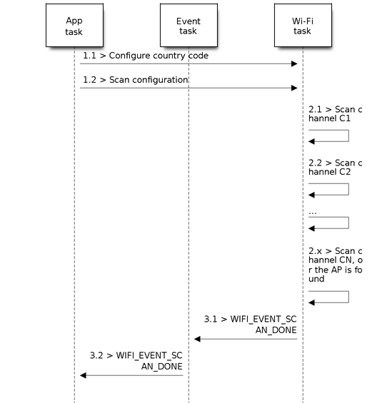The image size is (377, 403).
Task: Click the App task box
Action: coord(74,25)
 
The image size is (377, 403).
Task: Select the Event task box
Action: coord(188,25)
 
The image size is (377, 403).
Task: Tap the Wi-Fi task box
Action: coord(303,25)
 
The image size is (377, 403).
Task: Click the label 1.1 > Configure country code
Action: coord(146,56)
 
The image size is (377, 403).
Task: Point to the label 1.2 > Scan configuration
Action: coord(136,80)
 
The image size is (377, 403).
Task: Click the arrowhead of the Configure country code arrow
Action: coord(294,63)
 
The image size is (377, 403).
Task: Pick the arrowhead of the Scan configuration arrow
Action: coord(294,88)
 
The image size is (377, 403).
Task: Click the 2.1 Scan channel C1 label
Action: coord(336,114)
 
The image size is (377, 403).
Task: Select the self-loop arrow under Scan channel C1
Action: coord(348,136)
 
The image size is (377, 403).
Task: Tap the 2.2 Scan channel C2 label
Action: coord(336,168)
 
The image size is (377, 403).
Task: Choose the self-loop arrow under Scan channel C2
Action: coord(348,189)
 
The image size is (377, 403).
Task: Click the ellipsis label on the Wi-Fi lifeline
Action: coord(313,213)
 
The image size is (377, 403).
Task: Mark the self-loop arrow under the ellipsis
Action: coord(348,223)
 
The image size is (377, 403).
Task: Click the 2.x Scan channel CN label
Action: coord(336,265)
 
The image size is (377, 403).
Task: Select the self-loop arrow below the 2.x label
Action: coord(348,297)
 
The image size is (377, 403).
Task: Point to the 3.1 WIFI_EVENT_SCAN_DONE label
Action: coord(251,325)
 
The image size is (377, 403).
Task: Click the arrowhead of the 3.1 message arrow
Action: coord(197,339)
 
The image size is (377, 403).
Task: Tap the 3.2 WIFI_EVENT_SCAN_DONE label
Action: coord(136,361)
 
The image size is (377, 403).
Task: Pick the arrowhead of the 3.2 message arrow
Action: coord(83,375)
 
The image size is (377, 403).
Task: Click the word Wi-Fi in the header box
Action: coord(303,21)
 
